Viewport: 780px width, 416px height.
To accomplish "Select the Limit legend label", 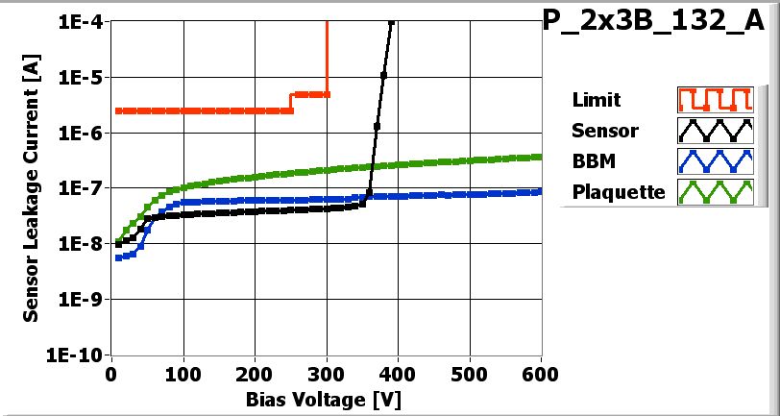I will (x=596, y=100).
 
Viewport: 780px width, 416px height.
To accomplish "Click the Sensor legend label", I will (x=604, y=131).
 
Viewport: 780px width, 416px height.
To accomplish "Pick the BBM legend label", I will (x=594, y=161).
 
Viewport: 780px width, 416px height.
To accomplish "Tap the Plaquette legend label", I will (x=619, y=192).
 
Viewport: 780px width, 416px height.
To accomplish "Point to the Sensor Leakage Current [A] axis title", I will (x=32, y=188).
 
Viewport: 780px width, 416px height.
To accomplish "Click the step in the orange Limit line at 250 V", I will (x=291, y=102).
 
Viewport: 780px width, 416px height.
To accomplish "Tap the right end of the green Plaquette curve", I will (x=540, y=157).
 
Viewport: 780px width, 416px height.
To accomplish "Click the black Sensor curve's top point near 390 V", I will (x=390, y=22).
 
